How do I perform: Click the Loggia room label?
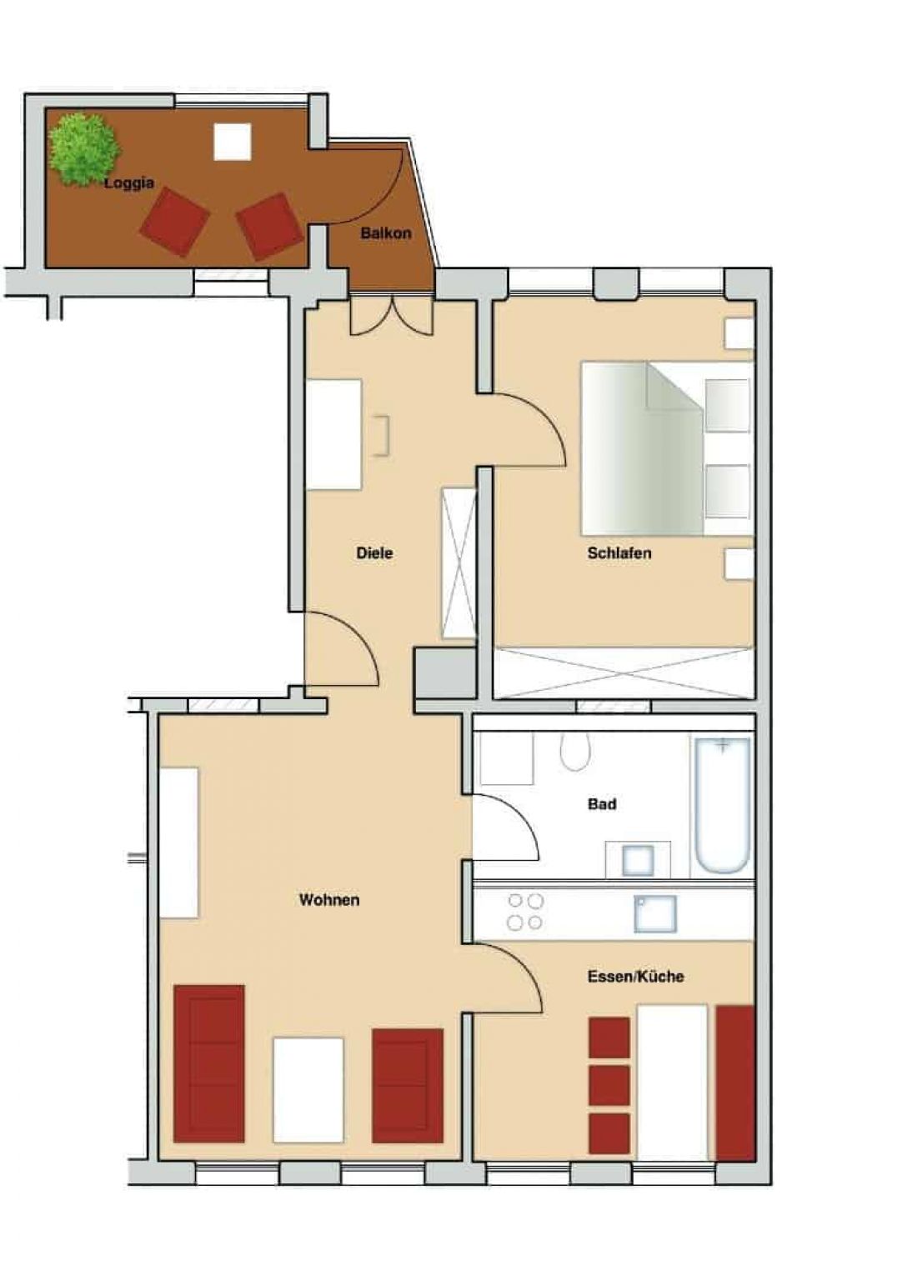coord(129,184)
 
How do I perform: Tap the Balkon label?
coord(386,233)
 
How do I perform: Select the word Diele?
coord(374,552)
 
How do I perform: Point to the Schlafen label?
coord(619,552)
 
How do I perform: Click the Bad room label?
coord(602,803)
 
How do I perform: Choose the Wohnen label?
coord(329,899)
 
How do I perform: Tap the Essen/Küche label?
coord(636,976)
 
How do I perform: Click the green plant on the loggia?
coord(84,150)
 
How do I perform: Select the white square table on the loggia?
coord(233,142)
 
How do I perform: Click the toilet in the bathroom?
coord(575,752)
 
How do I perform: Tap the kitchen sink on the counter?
coord(655,913)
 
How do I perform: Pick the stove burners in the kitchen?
coord(524,912)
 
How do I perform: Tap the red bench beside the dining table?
coord(734,1084)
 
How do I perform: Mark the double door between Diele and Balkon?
coord(392,315)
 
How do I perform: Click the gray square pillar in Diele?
coord(444,672)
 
